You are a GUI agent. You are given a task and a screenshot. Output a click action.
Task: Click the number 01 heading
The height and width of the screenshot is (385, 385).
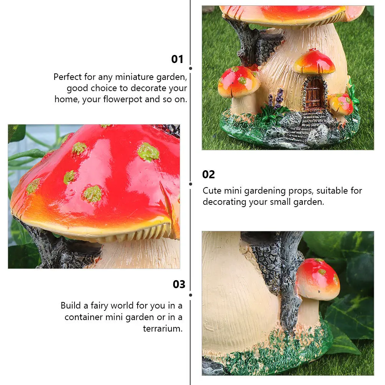tap(177, 59)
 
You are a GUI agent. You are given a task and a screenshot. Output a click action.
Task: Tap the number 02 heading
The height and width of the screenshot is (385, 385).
tap(208, 174)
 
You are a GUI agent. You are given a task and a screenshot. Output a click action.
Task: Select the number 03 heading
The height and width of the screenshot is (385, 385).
tap(179, 284)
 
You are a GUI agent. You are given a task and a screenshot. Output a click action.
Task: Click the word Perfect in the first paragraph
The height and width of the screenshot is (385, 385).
tap(68, 77)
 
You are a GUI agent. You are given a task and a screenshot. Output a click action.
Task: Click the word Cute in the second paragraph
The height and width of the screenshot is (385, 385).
tap(212, 191)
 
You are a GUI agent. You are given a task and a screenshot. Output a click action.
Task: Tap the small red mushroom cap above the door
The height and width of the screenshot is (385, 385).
tap(314, 62)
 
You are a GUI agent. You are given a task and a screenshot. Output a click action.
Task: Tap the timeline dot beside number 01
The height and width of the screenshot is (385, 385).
tap(191, 68)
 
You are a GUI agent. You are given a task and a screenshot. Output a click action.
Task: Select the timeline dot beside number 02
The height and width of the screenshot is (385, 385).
tap(191, 184)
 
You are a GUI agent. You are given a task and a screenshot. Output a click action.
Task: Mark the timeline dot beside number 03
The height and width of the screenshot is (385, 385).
tap(191, 295)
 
